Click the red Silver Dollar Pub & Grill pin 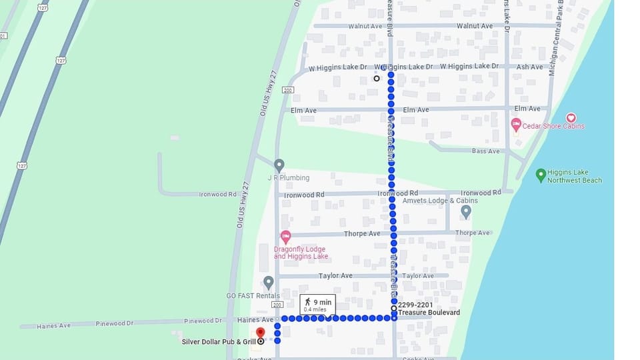coord(260,333)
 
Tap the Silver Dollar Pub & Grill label coord(218,342)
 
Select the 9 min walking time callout coord(317,305)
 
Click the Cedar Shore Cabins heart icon coord(571,118)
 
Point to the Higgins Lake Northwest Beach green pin coord(541,175)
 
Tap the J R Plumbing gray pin coord(279,165)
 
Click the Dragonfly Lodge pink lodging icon coord(285,237)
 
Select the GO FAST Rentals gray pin coord(268,283)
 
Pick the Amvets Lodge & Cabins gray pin coord(466,211)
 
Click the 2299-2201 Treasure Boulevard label coord(428,309)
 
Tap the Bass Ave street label coord(485,151)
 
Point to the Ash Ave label coord(529,67)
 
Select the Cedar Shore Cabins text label coord(554,126)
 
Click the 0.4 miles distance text coord(315,309)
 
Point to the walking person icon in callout coord(307,302)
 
